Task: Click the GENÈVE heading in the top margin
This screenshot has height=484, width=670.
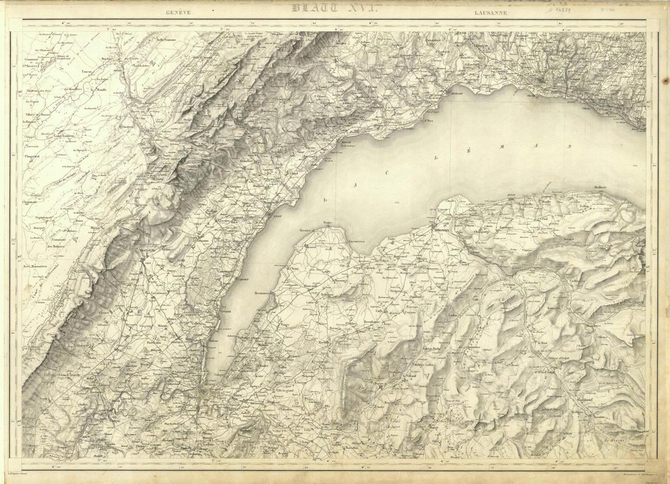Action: pos(178,12)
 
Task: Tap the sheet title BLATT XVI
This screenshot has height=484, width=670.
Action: pos(338,7)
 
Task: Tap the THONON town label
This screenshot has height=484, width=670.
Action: pos(442,229)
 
